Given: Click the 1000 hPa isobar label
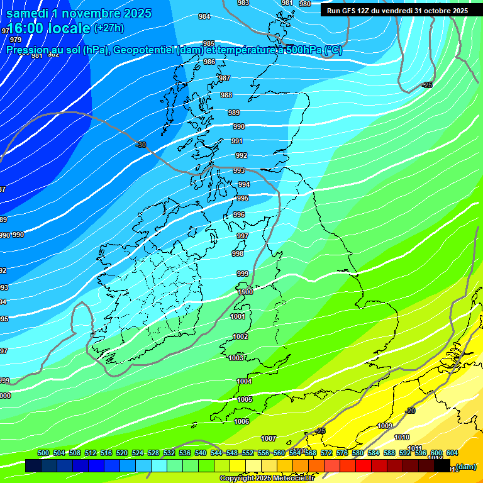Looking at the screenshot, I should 245,292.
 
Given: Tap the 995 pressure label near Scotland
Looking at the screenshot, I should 243,198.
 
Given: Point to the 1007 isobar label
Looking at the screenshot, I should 269,438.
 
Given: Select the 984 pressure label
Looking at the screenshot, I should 204,16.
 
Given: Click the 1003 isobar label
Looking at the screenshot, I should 236,358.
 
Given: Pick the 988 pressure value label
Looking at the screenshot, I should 226,95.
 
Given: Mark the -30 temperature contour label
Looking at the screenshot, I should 141,145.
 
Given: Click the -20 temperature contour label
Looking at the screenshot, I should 410,411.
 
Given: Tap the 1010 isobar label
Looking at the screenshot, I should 402,438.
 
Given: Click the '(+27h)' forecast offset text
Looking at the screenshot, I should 109,28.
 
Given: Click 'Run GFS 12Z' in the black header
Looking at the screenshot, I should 351,11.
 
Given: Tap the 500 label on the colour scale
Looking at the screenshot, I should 43,453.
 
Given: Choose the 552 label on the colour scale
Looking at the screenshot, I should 248,453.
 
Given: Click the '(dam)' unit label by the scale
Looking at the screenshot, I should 465,467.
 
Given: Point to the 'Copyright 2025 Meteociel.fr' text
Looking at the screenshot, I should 267,479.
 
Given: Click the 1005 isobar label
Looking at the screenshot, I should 245,399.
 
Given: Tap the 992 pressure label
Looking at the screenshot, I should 241,155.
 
